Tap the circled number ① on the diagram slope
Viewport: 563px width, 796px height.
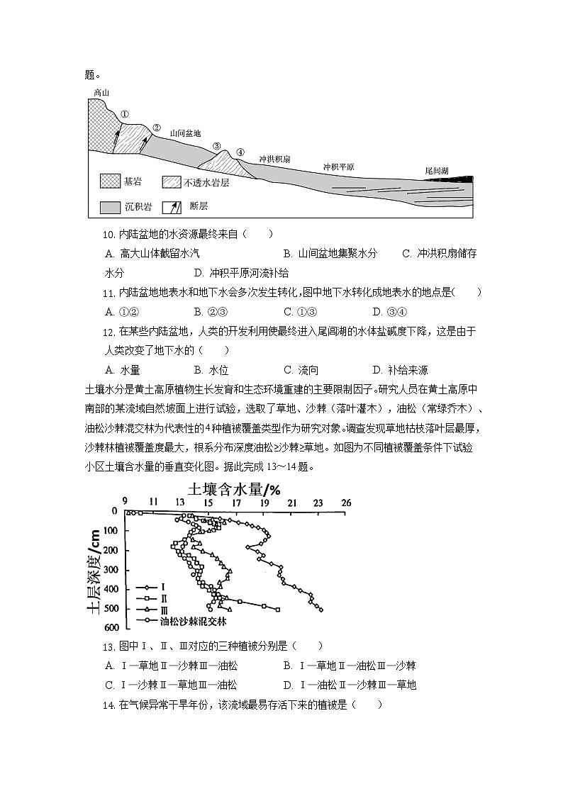coord(124,113)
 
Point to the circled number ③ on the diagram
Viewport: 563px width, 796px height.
coord(217,146)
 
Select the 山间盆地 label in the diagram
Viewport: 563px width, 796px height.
coord(186,133)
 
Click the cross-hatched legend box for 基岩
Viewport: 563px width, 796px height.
coord(109,182)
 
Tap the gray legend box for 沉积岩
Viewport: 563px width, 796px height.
coord(109,207)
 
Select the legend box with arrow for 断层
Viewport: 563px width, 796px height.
coord(172,207)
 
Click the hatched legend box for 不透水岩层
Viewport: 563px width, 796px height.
coord(172,182)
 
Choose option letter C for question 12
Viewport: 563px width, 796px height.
coord(288,370)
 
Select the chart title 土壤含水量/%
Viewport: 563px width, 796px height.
coord(234,489)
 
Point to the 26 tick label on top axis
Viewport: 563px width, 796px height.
coord(346,502)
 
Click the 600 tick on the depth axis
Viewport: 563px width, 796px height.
coord(111,628)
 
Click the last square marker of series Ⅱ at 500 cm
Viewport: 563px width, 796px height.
coord(277,610)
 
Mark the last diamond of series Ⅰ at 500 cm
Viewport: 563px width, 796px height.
coord(321,610)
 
